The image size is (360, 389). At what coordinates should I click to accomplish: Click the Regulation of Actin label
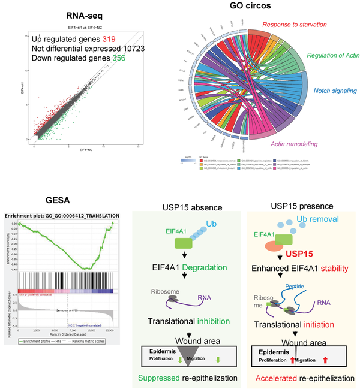tap(331, 56)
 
